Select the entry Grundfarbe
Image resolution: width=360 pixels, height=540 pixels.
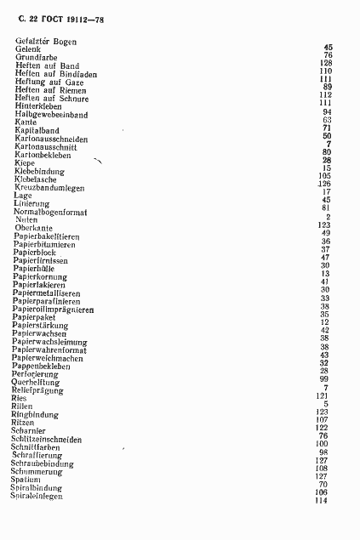click(x=35, y=57)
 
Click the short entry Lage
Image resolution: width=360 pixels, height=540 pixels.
click(x=23, y=196)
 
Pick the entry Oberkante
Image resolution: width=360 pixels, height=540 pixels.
click(x=33, y=227)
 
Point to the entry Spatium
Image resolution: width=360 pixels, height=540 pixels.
click(x=26, y=480)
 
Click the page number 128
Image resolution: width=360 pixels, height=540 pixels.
click(x=324, y=64)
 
